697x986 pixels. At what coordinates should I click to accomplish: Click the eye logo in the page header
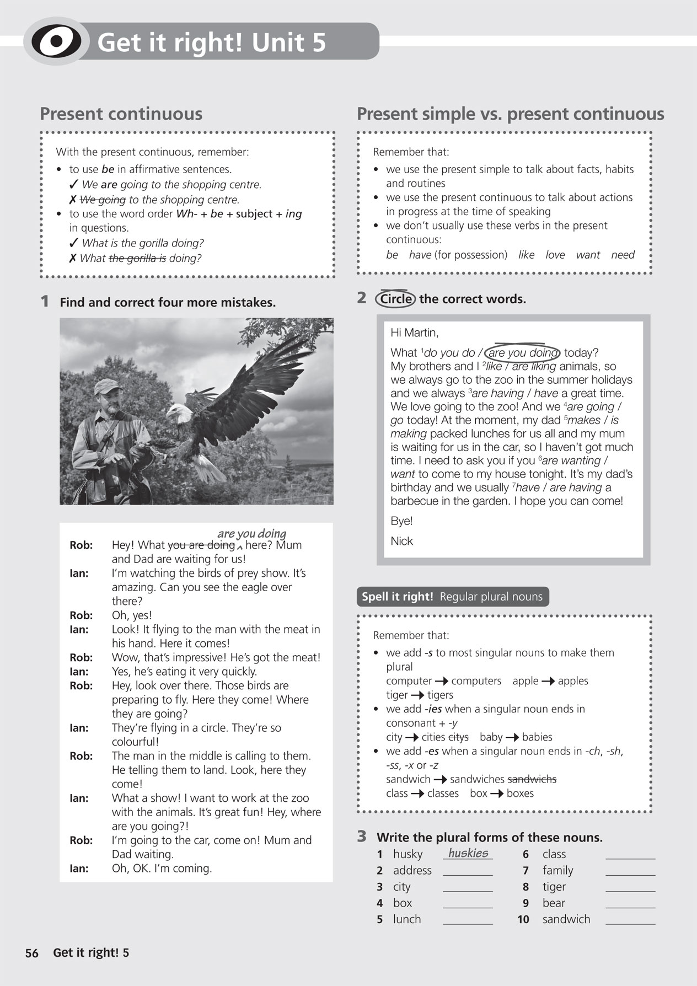[x=56, y=42]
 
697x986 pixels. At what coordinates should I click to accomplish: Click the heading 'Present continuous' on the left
[x=121, y=114]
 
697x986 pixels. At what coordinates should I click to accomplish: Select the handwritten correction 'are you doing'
[x=251, y=533]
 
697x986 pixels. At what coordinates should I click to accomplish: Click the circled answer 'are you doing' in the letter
[x=523, y=353]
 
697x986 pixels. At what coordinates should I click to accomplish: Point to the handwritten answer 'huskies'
[x=468, y=853]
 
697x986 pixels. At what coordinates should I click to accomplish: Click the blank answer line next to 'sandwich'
[x=630, y=919]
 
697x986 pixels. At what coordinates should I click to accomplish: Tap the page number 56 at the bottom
[x=32, y=953]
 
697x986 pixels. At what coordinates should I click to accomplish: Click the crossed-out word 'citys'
[x=458, y=737]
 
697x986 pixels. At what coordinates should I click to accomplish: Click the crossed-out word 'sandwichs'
[x=532, y=779]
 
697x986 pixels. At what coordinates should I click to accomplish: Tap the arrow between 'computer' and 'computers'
[x=441, y=682]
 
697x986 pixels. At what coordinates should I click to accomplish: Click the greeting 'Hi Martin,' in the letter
[x=414, y=333]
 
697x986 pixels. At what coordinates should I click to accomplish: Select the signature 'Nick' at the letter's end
[x=401, y=541]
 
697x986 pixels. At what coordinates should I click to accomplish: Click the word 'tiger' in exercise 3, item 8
[x=554, y=887]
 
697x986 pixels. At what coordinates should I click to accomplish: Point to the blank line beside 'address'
[x=468, y=871]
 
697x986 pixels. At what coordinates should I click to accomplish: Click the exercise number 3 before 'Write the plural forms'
[x=362, y=837]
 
